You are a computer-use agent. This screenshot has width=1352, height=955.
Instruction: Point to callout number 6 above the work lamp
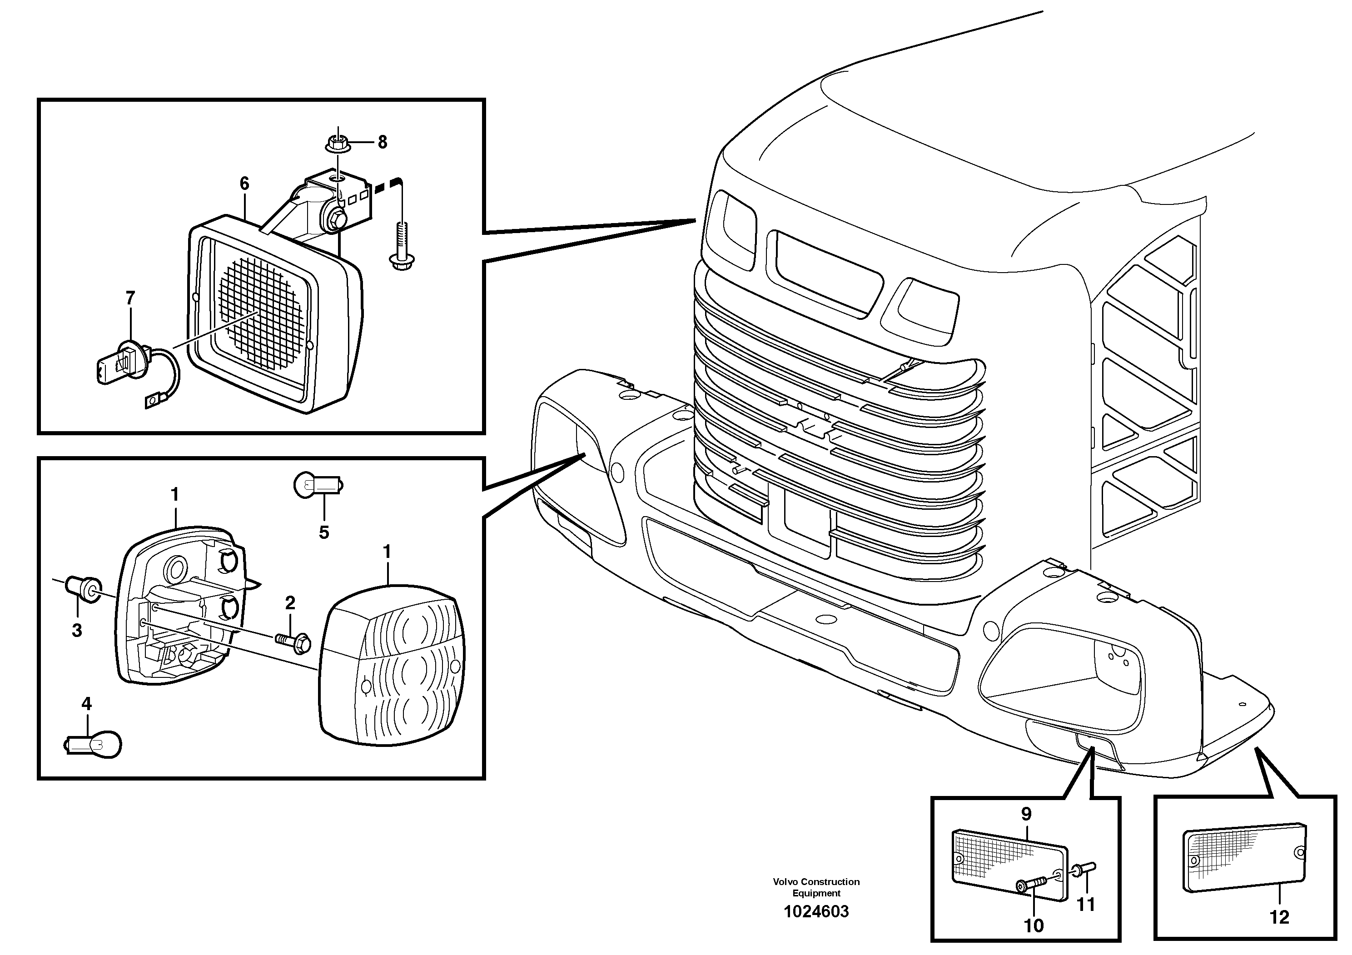coord(244,183)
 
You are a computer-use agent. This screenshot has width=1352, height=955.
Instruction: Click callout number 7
coord(130,298)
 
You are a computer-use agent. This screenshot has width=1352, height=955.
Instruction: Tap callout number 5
coord(324,532)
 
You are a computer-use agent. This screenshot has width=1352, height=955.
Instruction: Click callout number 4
coord(87,704)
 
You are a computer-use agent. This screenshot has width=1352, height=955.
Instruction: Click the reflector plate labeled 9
coord(1009,864)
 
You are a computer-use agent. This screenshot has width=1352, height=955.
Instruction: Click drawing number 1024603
coord(815,912)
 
